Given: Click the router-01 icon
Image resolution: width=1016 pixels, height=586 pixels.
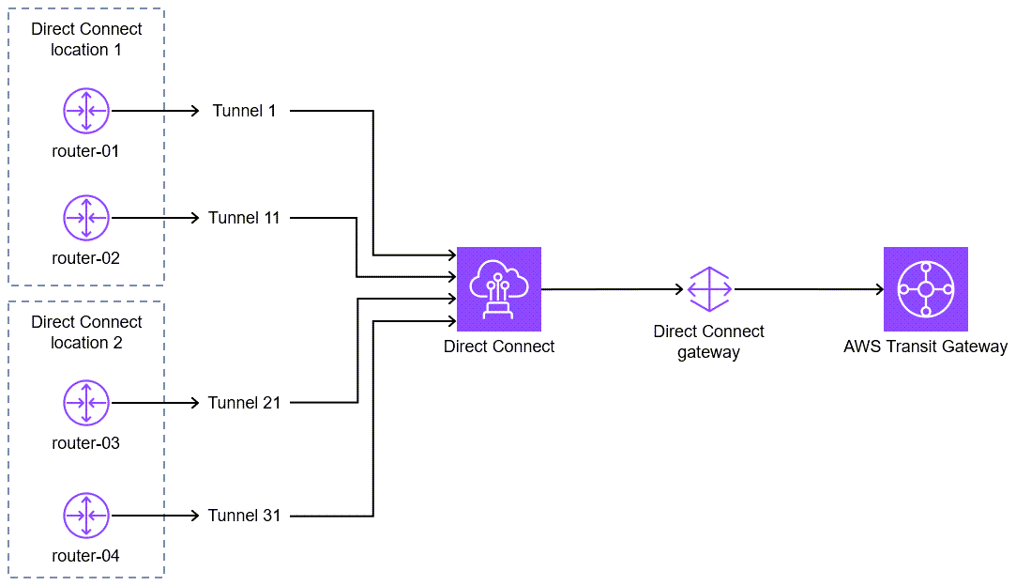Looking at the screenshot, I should tap(86, 111).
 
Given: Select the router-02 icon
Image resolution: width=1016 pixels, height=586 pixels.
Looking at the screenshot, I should tap(86, 218).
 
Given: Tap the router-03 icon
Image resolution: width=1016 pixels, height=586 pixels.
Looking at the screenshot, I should tap(86, 403).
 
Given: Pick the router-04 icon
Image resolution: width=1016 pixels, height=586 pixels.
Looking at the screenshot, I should tap(86, 516).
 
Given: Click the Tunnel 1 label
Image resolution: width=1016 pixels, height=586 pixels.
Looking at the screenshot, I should tap(244, 111).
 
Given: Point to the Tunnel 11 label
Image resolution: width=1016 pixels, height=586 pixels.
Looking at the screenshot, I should tap(244, 218).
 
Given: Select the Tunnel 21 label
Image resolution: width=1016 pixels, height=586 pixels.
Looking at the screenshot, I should tap(244, 403).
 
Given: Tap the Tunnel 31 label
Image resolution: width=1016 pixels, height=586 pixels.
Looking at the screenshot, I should tap(244, 516).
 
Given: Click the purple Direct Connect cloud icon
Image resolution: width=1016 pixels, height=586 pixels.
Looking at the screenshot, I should tap(499, 289).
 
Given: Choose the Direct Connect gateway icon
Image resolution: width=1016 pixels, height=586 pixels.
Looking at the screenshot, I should tap(709, 289).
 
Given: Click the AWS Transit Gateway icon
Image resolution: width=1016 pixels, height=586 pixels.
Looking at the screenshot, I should tap(925, 289).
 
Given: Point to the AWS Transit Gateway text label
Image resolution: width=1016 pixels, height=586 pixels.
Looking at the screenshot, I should tap(925, 347).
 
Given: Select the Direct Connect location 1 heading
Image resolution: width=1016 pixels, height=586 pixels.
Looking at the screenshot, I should tap(86, 39).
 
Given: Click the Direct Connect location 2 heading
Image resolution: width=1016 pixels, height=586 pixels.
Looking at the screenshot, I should tap(86, 332).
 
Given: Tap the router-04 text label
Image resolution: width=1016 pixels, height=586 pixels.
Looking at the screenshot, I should tap(86, 556).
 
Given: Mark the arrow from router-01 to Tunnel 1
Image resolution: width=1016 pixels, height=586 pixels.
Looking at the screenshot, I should tap(155, 111).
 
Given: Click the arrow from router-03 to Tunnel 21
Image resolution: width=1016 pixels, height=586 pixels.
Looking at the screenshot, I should tap(155, 403).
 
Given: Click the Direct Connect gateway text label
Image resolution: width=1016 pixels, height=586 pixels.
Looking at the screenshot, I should tap(709, 342).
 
